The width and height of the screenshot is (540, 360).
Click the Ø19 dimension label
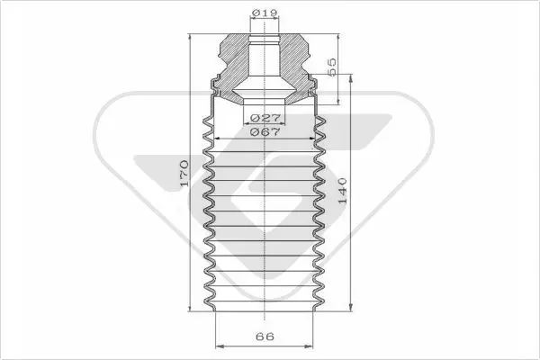point(264,13)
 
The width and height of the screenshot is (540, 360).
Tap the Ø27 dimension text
point(265,118)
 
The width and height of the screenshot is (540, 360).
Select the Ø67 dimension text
point(265,131)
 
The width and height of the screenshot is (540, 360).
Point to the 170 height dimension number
point(184,173)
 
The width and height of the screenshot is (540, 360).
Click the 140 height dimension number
point(343,191)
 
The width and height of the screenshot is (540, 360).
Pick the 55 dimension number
point(331,67)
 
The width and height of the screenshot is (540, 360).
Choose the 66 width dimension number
point(265,337)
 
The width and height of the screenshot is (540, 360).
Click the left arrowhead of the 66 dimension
point(220,346)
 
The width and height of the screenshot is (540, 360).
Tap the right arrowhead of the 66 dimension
point(309,346)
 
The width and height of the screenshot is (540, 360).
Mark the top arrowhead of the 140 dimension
point(351,79)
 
